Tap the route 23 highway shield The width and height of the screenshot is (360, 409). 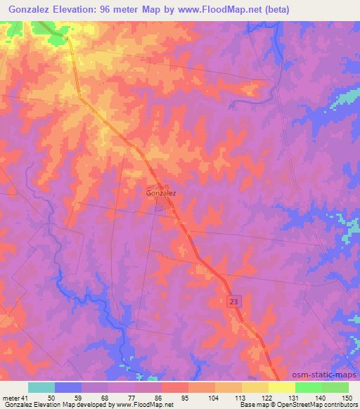point(233,301)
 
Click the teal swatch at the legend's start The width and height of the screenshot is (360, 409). point(41,387)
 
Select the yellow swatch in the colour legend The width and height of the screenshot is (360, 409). point(281,387)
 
